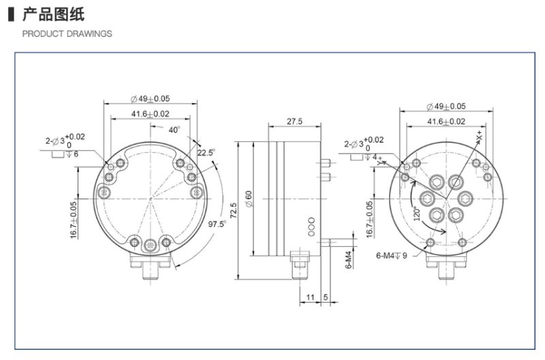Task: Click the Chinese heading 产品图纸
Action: [53, 14]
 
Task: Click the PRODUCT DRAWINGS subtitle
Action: [67, 33]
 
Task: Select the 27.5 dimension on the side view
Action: [294, 121]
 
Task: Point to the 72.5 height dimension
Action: [233, 211]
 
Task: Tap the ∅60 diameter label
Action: [249, 199]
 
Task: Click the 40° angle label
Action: [174, 130]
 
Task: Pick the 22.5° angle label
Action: [206, 152]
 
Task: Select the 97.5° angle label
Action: [217, 224]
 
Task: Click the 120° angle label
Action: [417, 214]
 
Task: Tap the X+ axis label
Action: [480, 136]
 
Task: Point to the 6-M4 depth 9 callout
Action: [391, 256]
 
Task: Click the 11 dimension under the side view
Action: [310, 297]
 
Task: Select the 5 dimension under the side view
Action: [326, 297]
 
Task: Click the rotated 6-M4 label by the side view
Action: [349, 260]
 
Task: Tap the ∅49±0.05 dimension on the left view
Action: [150, 99]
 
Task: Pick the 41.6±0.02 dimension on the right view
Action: [446, 121]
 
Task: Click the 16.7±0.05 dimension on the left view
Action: [74, 220]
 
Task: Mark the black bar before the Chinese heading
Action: [11, 14]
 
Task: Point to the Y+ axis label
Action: [377, 161]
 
